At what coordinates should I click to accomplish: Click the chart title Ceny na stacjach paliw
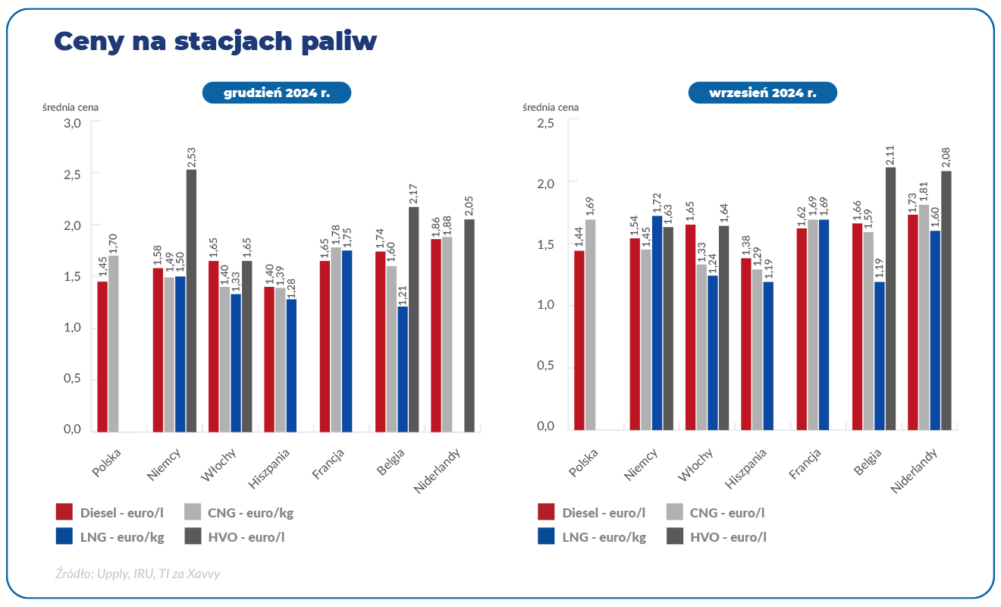pyautogui.click(x=215, y=42)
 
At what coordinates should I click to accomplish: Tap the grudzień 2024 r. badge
pyautogui.click(x=276, y=93)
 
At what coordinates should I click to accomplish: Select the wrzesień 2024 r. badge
pyautogui.click(x=762, y=93)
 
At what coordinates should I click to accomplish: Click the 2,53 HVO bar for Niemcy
pyautogui.click(x=192, y=300)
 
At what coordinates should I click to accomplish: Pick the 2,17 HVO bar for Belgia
pyautogui.click(x=414, y=319)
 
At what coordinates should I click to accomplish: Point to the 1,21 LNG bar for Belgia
pyautogui.click(x=403, y=369)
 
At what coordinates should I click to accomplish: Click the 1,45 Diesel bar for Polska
pyautogui.click(x=102, y=357)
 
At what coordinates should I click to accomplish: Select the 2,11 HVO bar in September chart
pyautogui.click(x=891, y=298)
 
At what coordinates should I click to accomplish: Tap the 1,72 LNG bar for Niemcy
pyautogui.click(x=657, y=322)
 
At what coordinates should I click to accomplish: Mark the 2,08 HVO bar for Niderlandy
pyautogui.click(x=946, y=300)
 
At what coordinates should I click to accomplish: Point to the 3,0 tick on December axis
pyautogui.click(x=72, y=123)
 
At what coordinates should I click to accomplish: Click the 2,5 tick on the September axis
pyautogui.click(x=545, y=123)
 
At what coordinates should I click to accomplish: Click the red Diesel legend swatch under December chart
pyautogui.click(x=64, y=512)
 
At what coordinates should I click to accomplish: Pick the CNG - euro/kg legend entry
pyautogui.click(x=240, y=513)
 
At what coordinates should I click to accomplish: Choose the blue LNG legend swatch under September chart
pyautogui.click(x=545, y=536)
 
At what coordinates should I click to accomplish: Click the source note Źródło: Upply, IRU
pyautogui.click(x=138, y=574)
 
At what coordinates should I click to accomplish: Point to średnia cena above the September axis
pyautogui.click(x=551, y=107)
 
